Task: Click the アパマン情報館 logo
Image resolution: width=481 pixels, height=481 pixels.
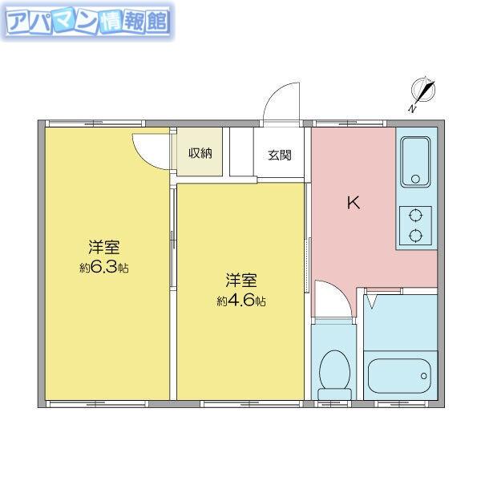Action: [87, 22]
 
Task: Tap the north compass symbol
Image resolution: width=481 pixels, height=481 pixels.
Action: [422, 93]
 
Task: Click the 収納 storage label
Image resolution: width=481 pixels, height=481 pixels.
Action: [200, 153]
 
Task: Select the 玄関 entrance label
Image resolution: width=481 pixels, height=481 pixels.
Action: [280, 156]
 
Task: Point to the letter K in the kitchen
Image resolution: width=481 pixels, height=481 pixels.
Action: [354, 203]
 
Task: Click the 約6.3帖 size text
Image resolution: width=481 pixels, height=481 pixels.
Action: [104, 268]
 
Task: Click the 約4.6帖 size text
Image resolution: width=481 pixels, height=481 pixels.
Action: [241, 301]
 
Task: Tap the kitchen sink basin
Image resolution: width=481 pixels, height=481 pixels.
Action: [415, 162]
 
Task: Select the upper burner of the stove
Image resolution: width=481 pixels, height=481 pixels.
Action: [415, 215]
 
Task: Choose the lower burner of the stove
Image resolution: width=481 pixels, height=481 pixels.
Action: [415, 235]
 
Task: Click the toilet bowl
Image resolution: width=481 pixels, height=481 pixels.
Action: [334, 370]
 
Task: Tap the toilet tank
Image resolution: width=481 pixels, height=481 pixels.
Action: [334, 394]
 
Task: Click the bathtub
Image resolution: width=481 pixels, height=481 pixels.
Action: [399, 376]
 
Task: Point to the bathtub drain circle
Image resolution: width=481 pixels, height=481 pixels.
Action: [423, 376]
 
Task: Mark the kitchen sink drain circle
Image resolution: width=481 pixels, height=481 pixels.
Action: [415, 179]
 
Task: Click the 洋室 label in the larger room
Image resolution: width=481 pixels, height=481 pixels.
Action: [104, 247]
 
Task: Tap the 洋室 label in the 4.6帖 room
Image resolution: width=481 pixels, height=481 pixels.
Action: [241, 281]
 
